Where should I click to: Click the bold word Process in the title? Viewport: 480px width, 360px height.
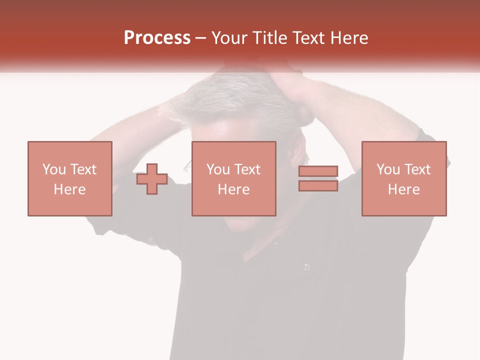pyautogui.click(x=157, y=38)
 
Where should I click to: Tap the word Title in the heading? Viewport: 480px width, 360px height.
pyautogui.click(x=269, y=38)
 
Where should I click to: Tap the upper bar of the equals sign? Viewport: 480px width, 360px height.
pyautogui.click(x=318, y=171)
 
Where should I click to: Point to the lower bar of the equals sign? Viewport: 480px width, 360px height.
pyautogui.click(x=318, y=185)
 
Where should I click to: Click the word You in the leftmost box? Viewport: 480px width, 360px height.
pyautogui.click(x=53, y=169)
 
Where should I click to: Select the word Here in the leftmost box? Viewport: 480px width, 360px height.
pyautogui.click(x=69, y=189)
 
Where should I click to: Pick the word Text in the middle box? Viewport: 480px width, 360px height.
pyautogui.click(x=246, y=169)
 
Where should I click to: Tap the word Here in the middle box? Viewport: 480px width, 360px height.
pyautogui.click(x=233, y=189)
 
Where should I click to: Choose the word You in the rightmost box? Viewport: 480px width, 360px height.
pyautogui.click(x=387, y=169)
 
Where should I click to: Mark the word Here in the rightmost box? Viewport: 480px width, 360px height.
pyautogui.click(x=403, y=189)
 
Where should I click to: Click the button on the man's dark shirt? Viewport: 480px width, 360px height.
pyautogui.click(x=306, y=267)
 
